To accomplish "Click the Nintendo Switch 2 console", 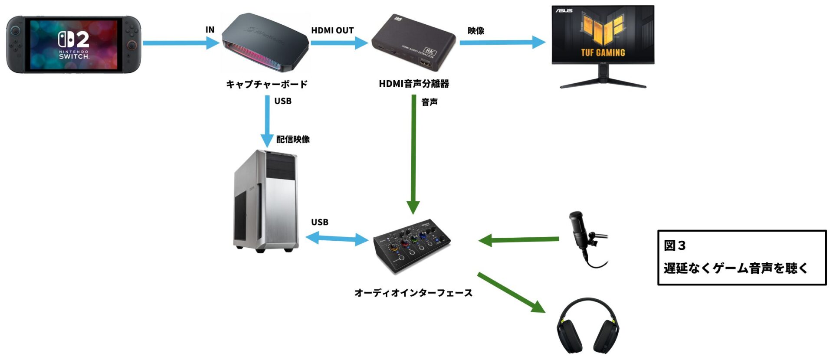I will pyautogui.click(x=73, y=44).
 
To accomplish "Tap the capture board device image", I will pyautogui.click(x=266, y=43).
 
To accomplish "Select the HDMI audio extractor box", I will pyautogui.click(x=413, y=43).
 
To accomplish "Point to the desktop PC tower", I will pyautogui.click(x=266, y=201).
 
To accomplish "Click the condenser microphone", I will pyautogui.click(x=584, y=236).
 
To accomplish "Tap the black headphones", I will pyautogui.click(x=588, y=327).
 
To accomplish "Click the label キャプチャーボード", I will pyautogui.click(x=267, y=84).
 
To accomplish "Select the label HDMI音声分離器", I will pyautogui.click(x=414, y=84).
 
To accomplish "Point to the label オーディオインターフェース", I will pyautogui.click(x=413, y=293).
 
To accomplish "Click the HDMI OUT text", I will pyautogui.click(x=332, y=30).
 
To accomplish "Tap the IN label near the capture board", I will pyautogui.click(x=210, y=29).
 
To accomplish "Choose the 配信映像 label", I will pyautogui.click(x=293, y=139).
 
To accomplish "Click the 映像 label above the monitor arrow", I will pyautogui.click(x=476, y=31).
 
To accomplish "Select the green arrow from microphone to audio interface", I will pyautogui.click(x=518, y=239).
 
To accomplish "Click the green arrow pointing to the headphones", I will pyautogui.click(x=511, y=293).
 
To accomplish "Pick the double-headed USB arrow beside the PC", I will pyautogui.click(x=337, y=239).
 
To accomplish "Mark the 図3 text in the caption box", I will pyautogui.click(x=675, y=245).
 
